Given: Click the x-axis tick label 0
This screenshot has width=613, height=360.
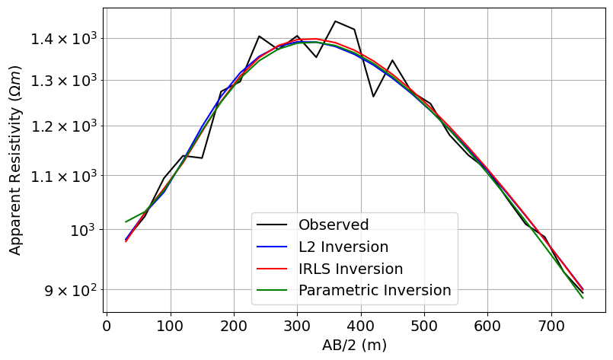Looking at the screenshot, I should [x=107, y=327].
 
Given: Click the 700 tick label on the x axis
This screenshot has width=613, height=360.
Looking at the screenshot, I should [x=551, y=327].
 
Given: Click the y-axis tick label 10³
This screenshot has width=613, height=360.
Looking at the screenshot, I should [x=82, y=229].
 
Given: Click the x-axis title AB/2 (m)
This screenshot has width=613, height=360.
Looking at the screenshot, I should [x=355, y=345].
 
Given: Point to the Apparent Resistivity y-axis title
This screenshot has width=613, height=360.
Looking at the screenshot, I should [x=15, y=160].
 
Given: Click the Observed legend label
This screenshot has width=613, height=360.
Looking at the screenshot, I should [x=334, y=225].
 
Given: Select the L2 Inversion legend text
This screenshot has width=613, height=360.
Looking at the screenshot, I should [x=343, y=247].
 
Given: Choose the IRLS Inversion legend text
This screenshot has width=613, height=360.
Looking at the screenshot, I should [x=350, y=269].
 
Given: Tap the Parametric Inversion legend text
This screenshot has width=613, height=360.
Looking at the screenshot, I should [x=375, y=291].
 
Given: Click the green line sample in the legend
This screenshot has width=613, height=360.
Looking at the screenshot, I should [x=273, y=291].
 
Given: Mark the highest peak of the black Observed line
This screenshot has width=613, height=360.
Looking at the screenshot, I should [x=335, y=21].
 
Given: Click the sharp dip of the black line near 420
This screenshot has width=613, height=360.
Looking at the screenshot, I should [x=373, y=97].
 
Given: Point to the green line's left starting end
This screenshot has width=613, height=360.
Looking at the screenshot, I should [x=126, y=222].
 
